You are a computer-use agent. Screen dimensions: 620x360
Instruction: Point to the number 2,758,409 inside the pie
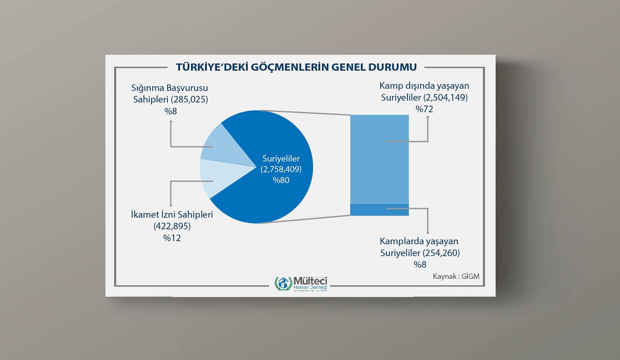tap(281, 169)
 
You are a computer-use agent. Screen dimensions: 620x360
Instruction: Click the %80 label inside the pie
tap(281, 180)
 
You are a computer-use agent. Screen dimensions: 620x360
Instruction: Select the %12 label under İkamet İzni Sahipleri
tap(172, 238)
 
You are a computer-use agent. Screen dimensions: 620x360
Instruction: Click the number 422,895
tap(172, 226)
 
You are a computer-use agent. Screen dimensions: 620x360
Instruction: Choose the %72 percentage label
tap(424, 109)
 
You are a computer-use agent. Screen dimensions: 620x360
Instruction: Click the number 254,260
tap(441, 253)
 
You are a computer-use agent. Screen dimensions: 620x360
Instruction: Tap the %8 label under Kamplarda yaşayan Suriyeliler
tap(420, 265)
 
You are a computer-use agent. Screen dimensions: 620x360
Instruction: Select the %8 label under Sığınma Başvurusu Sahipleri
tap(170, 111)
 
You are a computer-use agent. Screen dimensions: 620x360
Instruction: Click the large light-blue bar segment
tap(380, 159)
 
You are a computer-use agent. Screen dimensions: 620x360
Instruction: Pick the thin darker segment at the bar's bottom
tap(380, 210)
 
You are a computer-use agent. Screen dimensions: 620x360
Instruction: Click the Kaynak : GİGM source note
tap(456, 276)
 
